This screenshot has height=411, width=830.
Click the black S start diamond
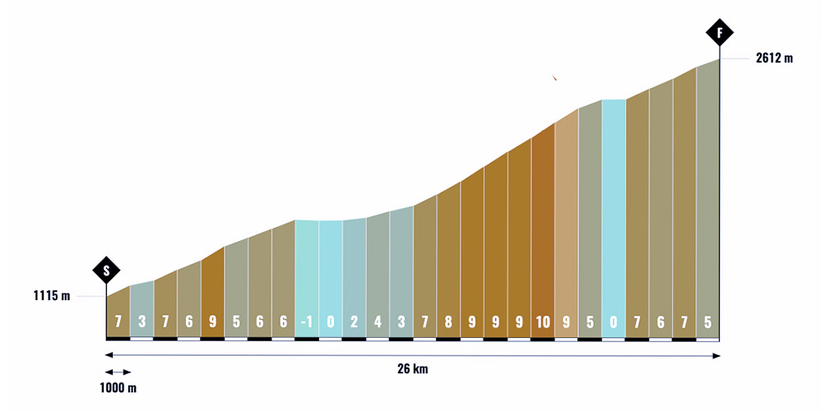coord(106,270)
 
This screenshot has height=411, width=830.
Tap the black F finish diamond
coord(720,33)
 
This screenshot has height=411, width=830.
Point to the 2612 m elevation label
coord(774,58)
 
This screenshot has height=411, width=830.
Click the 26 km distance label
coord(413,369)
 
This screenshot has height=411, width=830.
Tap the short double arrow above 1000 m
coord(118,372)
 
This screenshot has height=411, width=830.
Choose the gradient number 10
coord(542,322)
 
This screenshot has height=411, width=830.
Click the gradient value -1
coord(306,322)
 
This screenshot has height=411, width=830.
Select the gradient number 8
coord(447,322)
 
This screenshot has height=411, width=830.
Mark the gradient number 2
coord(354,322)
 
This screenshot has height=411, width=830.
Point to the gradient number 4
coord(378,322)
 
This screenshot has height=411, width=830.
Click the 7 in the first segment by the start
coord(118,322)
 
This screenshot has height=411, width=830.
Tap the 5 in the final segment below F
coord(707,322)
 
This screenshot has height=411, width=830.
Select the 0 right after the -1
coord(330,322)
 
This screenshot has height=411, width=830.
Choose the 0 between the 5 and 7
coord(613,322)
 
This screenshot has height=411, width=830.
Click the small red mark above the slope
coord(555,78)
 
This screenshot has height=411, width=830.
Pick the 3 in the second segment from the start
coord(141,322)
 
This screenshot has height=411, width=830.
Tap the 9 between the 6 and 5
coord(212,322)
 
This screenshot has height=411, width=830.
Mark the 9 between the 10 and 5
coord(566,322)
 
